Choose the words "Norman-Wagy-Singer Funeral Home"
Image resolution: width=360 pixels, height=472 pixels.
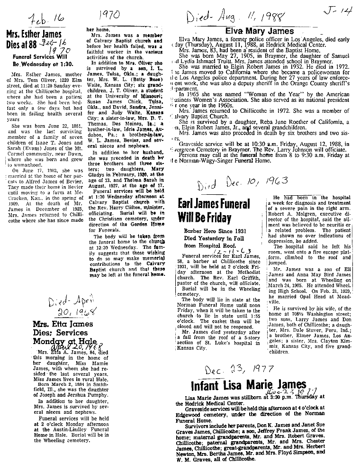pyautogui.click(x=213, y=160)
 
